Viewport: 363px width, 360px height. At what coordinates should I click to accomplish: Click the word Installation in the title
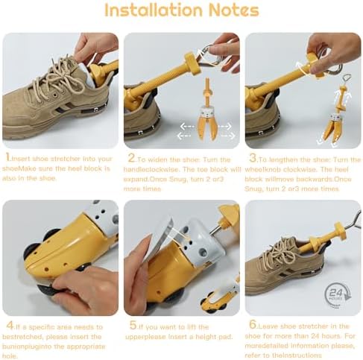[154, 10]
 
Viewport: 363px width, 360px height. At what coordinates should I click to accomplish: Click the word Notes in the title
[233, 10]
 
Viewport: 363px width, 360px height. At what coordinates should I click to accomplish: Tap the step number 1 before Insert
[8, 157]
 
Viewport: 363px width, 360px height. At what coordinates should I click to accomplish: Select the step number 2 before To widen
[131, 158]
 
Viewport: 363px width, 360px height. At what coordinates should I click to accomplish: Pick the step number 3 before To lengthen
[253, 157]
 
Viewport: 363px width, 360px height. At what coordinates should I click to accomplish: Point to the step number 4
[10, 326]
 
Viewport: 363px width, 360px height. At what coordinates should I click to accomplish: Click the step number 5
[133, 325]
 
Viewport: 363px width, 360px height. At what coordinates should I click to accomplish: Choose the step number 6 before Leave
[253, 324]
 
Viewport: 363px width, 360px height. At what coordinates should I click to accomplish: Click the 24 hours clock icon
[337, 294]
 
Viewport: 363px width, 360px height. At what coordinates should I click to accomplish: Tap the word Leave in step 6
[267, 326]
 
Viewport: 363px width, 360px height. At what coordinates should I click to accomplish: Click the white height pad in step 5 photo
[162, 236]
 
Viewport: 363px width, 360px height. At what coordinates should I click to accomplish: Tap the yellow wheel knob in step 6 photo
[340, 230]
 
